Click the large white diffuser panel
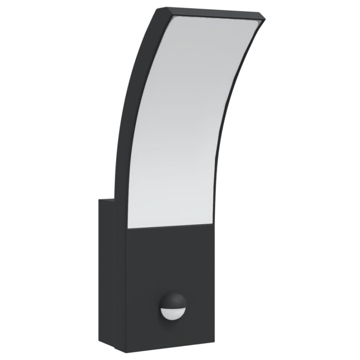tap(186, 122)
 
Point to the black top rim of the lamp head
tap(213, 14)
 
